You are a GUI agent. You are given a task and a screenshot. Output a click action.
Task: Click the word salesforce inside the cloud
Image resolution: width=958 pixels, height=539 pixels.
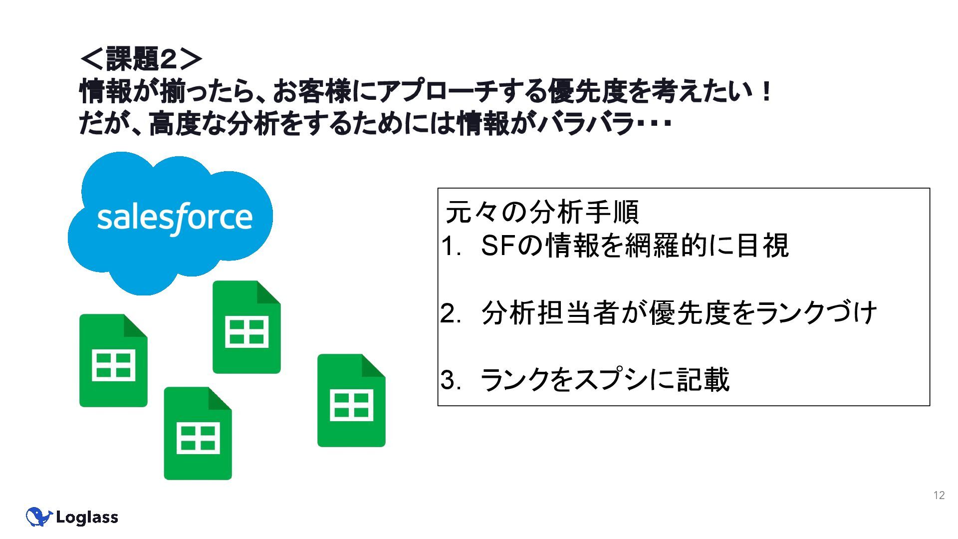click(x=175, y=218)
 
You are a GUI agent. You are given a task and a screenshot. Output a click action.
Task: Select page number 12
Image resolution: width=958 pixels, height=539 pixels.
click(x=939, y=495)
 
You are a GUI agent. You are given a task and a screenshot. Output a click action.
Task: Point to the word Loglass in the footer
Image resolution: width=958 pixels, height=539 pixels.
click(x=87, y=518)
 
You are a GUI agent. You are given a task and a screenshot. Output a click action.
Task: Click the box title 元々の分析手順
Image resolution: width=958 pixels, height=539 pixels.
click(x=541, y=212)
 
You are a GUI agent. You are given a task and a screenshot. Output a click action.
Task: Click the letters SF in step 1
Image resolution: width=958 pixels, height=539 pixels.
click(x=497, y=246)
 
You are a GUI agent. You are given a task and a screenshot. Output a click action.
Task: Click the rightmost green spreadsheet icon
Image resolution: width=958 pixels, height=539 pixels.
click(x=351, y=401)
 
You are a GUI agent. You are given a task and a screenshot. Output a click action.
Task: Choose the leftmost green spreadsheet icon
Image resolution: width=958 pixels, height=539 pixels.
click(x=113, y=360)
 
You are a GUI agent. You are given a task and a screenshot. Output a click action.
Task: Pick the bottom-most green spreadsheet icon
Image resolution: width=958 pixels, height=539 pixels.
click(x=198, y=434)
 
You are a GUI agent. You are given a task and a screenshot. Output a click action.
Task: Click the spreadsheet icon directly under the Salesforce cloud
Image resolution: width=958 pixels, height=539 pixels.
click(x=246, y=327)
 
